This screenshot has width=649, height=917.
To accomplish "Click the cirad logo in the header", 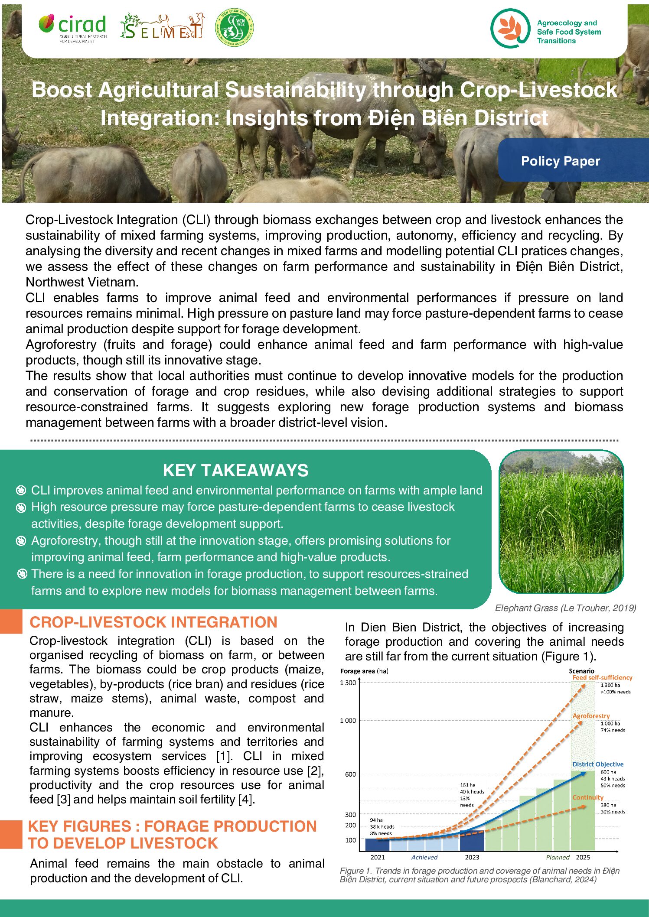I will coord(72,28).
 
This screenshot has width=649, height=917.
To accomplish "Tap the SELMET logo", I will coord(161,26).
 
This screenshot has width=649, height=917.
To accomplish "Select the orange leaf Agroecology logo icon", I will coord(510,28).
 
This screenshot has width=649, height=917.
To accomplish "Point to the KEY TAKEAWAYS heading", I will coord(235,470).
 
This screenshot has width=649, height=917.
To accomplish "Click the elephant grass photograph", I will coord(561,522).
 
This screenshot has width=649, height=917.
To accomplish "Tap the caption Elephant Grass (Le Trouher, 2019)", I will coord(565,608).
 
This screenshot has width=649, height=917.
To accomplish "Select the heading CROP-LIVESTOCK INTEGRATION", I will coord(153,622).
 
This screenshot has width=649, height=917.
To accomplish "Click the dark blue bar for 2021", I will coord(377,844).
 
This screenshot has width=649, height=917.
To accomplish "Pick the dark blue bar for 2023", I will coord(471,840).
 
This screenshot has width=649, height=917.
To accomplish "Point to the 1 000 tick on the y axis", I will coord(348,720).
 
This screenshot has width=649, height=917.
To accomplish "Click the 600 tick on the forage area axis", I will coord(350,774).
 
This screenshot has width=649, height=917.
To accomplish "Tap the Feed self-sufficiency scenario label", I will coord(602,677).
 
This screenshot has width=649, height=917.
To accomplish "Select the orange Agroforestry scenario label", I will coord(591,715).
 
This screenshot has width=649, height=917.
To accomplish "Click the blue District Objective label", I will coord(597,764).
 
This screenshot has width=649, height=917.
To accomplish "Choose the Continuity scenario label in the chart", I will coord(587,797).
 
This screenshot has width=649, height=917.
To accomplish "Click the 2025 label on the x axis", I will coord(583,857).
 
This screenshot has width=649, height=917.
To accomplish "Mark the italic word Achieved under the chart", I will coord(424,857).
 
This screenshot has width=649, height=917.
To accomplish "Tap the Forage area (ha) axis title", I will coord(364,671).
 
